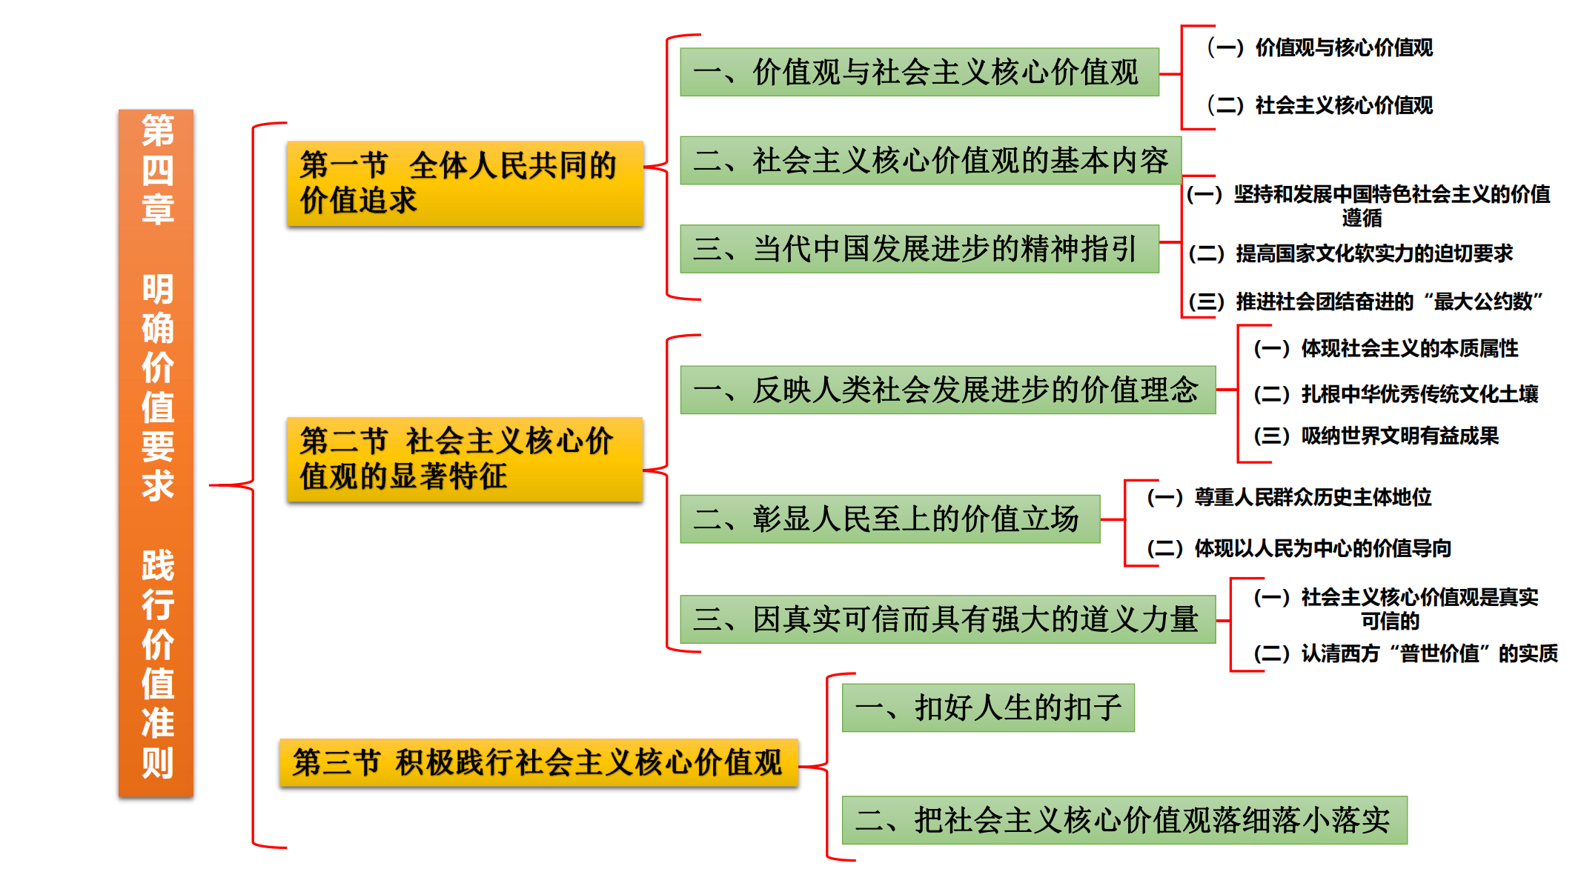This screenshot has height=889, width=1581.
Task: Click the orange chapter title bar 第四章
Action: tap(156, 453)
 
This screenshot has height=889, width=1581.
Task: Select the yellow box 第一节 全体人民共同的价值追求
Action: tap(465, 183)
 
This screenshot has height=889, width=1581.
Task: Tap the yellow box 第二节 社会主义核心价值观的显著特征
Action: tap(465, 459)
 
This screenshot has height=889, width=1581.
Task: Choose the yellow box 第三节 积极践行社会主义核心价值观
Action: tap(539, 762)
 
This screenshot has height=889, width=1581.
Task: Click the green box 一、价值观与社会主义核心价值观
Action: tap(919, 72)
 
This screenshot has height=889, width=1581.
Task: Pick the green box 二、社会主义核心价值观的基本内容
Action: tap(930, 160)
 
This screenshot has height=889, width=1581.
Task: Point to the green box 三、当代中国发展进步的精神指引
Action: tap(919, 248)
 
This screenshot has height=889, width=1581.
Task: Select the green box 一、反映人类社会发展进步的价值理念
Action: tap(947, 390)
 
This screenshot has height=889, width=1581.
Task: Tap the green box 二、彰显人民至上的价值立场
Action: tap(889, 519)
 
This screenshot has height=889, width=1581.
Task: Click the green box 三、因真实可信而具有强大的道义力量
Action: tap(947, 619)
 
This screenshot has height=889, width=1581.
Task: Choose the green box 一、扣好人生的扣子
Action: tap(988, 707)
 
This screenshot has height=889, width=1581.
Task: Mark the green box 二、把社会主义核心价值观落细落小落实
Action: tap(1124, 819)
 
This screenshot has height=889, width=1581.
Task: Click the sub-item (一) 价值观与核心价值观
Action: tap(1320, 47)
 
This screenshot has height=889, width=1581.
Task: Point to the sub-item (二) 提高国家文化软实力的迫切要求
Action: tap(1350, 253)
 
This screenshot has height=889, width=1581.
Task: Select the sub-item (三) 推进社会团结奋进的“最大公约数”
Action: tap(1365, 302)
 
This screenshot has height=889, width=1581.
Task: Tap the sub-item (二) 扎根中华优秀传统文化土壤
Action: tap(1396, 393)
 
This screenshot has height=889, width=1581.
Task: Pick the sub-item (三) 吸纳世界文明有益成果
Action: tap(1376, 436)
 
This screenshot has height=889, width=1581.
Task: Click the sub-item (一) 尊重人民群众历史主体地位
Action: tap(1289, 497)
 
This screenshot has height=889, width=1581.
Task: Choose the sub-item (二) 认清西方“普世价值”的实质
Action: tap(1405, 653)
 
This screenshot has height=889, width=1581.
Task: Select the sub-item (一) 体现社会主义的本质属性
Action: tap(1385, 348)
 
